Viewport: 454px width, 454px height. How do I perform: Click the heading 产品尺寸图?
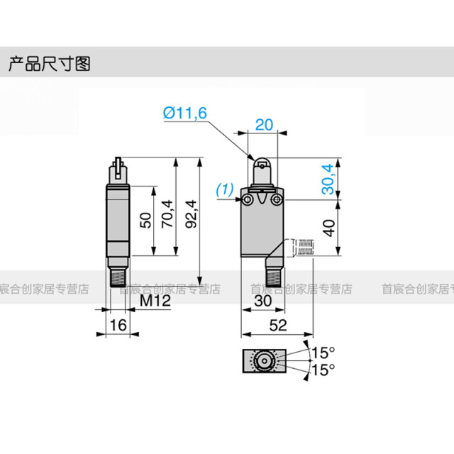(50, 65)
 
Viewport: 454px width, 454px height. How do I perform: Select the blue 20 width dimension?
(263, 124)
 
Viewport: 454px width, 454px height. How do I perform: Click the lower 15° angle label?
(323, 369)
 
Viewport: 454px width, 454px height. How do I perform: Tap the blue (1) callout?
(224, 189)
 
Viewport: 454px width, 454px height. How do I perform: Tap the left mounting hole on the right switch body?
(249, 201)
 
